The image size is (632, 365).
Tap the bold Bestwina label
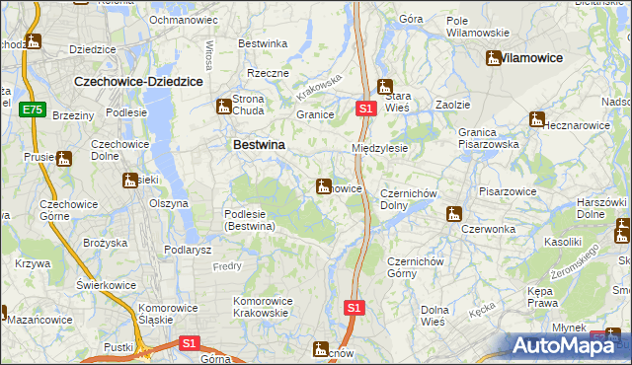tap(259, 144)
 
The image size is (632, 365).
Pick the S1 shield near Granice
tap(364, 108)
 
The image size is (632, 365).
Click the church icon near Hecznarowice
tap(537, 119)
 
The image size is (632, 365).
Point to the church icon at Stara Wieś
tap(385, 86)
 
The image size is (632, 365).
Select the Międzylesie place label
tap(380, 148)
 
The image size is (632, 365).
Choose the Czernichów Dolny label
tap(408, 199)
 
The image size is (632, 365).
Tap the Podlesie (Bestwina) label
tap(249, 221)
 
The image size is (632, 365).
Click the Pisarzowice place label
tap(507, 191)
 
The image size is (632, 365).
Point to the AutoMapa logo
tap(567, 345)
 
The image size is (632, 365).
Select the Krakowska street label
tap(319, 88)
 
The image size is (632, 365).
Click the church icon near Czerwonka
tap(453, 213)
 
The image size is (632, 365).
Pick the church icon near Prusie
tap(64, 158)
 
